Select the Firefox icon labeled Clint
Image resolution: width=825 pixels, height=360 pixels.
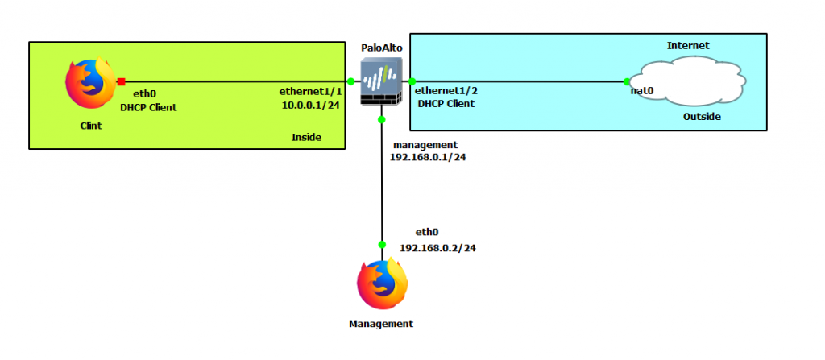89,86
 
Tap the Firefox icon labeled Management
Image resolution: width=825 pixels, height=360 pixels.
381,284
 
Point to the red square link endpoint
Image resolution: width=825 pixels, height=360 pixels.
121,81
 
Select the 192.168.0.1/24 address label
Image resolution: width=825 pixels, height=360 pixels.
428,158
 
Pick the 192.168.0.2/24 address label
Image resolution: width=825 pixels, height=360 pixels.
438,248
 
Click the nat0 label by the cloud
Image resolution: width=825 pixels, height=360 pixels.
641,91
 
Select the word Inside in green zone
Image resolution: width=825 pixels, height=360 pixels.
306,138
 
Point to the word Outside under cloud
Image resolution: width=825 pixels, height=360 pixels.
702,117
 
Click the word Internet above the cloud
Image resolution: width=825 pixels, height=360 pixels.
688,46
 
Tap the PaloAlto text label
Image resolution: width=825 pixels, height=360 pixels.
381,48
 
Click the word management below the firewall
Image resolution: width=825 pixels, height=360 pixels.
425,145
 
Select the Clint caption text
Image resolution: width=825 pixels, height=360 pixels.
90,126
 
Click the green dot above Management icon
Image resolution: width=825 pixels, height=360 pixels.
381,244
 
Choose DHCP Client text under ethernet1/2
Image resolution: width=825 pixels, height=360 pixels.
446,104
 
